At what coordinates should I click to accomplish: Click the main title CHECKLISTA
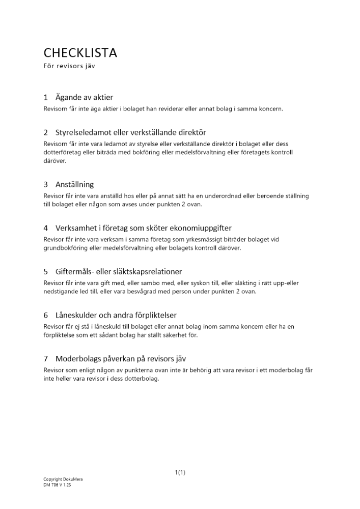[80, 52]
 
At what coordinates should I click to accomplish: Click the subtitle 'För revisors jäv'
[69, 67]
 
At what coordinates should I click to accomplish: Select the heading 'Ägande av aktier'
[84, 97]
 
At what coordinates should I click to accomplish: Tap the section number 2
[46, 132]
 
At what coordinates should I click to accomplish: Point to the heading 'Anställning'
[74, 184]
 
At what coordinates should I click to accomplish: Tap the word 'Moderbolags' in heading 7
[78, 358]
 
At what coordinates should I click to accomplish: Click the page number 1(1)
[180, 472]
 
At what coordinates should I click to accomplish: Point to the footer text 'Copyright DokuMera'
[63, 479]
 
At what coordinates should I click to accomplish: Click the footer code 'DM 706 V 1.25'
[58, 485]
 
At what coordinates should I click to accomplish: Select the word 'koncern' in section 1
[269, 109]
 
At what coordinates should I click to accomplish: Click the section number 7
[46, 358]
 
